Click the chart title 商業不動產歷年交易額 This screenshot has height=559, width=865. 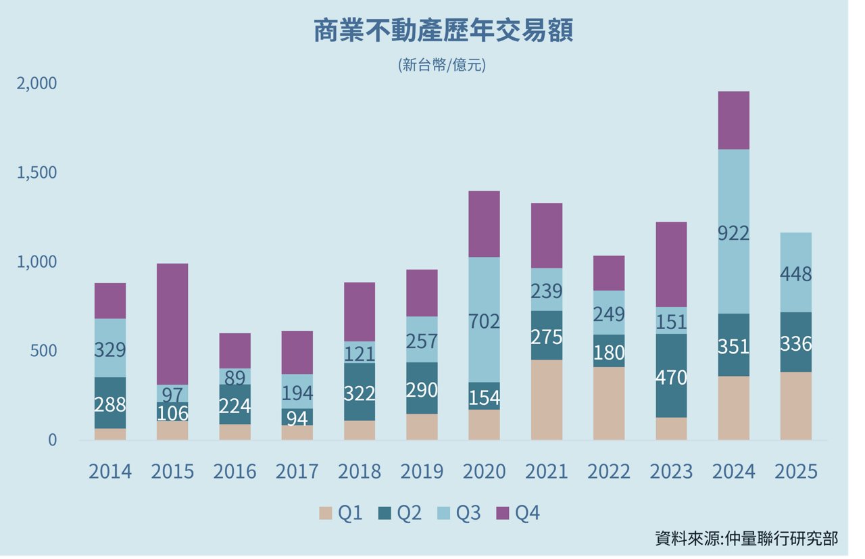point(443,32)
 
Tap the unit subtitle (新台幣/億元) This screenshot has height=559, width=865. point(443,66)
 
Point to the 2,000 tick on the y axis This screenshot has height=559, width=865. point(38,83)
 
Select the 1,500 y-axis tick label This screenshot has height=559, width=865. point(38,172)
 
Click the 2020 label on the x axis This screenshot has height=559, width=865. point(484,471)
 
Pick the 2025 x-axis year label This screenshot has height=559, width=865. point(795,471)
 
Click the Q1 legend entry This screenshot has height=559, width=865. point(341,514)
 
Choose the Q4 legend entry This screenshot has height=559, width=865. point(518,514)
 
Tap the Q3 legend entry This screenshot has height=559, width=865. point(459,514)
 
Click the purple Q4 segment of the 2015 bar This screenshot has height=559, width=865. point(172,324)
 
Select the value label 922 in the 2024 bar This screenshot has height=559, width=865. point(733,233)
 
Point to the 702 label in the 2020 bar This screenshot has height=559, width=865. point(484,321)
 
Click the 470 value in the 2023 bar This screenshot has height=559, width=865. point(671,376)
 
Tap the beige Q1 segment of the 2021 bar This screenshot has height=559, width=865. point(546,399)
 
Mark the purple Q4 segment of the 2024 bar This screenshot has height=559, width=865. point(733,120)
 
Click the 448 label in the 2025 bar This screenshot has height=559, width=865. point(795,274)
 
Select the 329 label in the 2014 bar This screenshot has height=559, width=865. point(110,350)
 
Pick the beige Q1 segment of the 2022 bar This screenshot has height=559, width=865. point(608,403)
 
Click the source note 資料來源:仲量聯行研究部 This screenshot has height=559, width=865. point(746,539)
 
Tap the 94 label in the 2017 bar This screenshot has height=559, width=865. point(297,418)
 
